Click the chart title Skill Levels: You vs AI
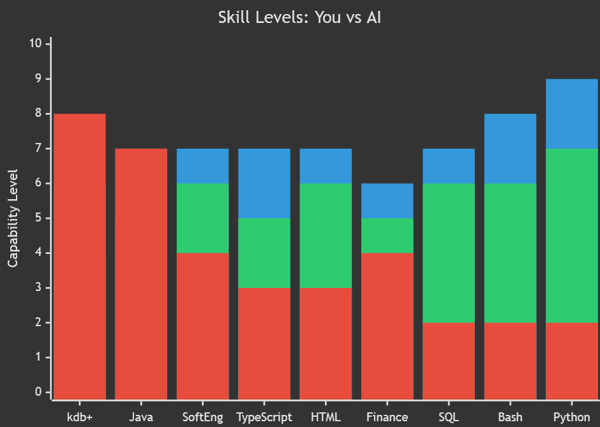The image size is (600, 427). click(x=300, y=18)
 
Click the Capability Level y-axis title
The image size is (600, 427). click(x=13, y=218)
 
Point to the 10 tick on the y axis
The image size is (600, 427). click(x=35, y=43)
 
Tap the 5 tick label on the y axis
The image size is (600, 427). click(x=38, y=218)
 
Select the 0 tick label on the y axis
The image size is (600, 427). click(x=38, y=392)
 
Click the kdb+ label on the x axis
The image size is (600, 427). click(x=80, y=417)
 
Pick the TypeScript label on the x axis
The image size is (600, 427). click(x=264, y=417)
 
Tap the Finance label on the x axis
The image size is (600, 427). click(x=387, y=417)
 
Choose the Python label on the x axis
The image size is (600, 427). click(x=572, y=417)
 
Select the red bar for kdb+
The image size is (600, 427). click(x=80, y=255)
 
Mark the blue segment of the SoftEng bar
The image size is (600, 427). click(x=202, y=166)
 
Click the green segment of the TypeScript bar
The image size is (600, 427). click(x=264, y=253)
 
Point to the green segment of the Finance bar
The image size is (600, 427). click(x=387, y=236)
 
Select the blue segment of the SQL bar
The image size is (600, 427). click(x=449, y=166)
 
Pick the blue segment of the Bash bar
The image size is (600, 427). click(x=510, y=148)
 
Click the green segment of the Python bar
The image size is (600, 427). click(x=572, y=236)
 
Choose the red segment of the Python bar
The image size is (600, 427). click(x=572, y=360)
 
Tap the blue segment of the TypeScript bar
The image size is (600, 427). click(x=264, y=183)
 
